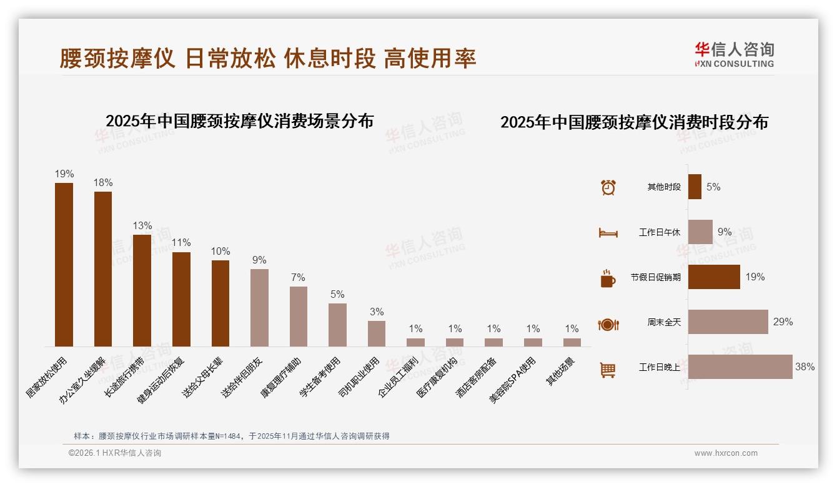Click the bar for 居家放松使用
(64, 264)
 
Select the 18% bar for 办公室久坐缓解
(103, 268)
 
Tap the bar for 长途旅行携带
(142, 290)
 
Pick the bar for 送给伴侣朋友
(260, 307)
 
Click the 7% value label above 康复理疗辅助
(299, 277)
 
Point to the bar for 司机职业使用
(377, 333)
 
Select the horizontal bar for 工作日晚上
(740, 367)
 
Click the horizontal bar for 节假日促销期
(714, 277)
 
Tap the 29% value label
(783, 322)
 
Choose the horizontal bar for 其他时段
(695, 187)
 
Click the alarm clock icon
(608, 187)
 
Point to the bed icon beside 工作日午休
(608, 233)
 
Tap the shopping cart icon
(608, 370)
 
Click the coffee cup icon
(608, 278)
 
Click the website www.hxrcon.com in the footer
(726, 453)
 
